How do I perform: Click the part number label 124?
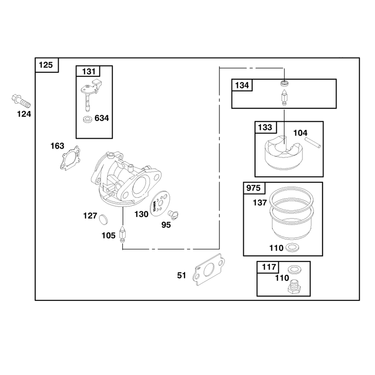click(24, 114)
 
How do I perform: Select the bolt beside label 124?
click(21, 101)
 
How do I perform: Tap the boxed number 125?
click(45, 65)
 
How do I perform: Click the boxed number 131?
click(89, 71)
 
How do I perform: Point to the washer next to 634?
click(88, 119)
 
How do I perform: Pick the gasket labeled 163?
click(70, 158)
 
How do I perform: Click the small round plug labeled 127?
click(103, 219)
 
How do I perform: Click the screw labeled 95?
click(173, 215)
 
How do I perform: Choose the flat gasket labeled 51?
click(209, 270)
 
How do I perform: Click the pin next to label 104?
click(313, 142)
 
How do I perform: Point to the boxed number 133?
click(265, 127)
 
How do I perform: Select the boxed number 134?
click(242, 85)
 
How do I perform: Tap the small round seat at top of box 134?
click(285, 83)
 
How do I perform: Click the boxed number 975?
click(253, 188)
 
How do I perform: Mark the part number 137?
click(260, 202)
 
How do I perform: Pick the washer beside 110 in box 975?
click(292, 247)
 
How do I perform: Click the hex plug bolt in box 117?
click(294, 287)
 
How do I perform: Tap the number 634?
click(102, 118)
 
